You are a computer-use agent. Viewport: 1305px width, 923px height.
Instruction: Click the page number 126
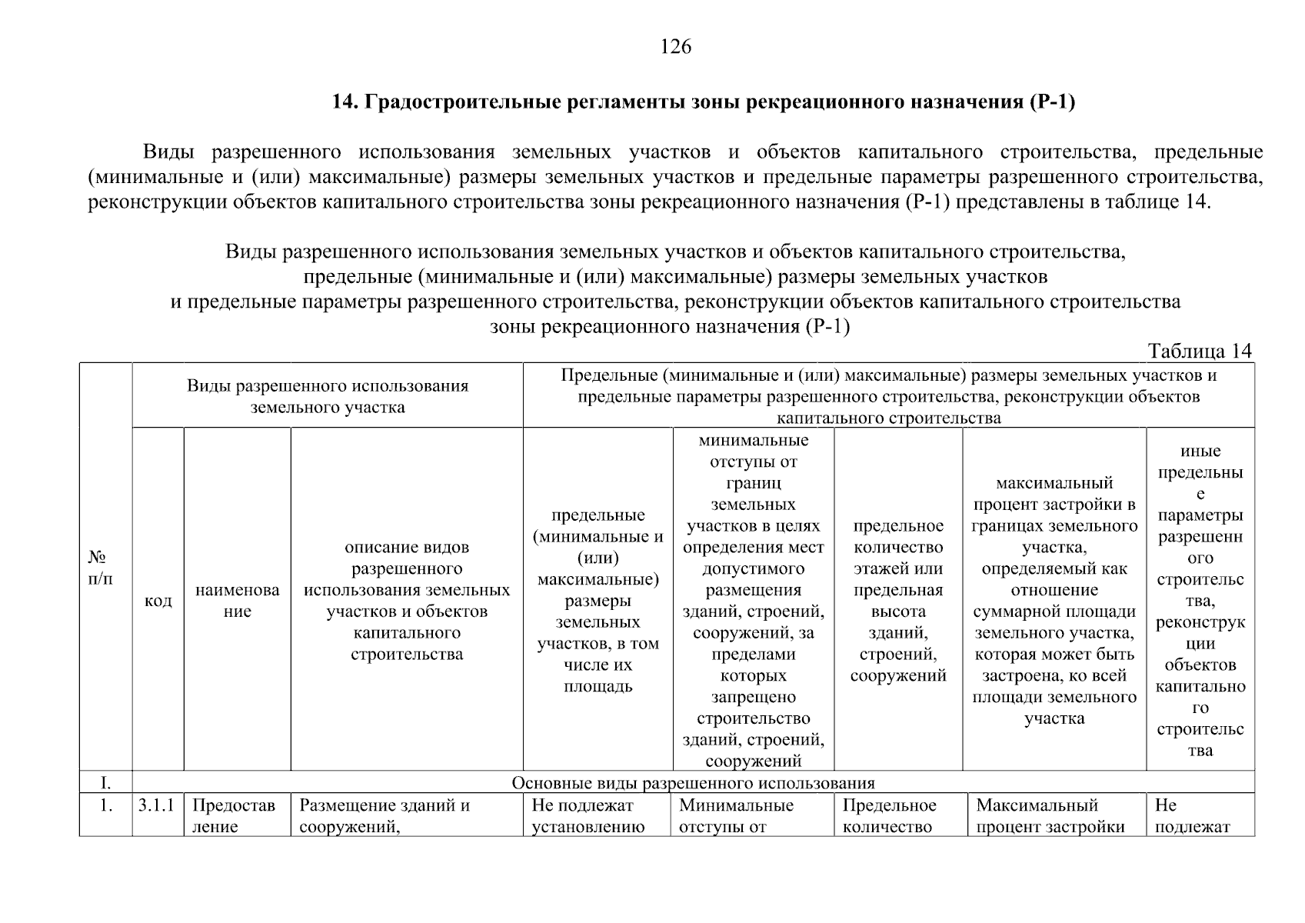(x=676, y=47)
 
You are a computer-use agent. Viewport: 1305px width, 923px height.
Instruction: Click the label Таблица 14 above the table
(x=1199, y=351)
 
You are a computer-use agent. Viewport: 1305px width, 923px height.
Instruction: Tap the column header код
(x=158, y=600)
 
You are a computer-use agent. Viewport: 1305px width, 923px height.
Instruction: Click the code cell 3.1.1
(x=156, y=805)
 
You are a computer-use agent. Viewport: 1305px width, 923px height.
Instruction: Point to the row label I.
(x=105, y=783)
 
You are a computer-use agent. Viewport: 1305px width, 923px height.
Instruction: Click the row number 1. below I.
(x=105, y=805)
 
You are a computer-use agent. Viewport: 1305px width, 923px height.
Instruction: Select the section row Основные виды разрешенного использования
(x=693, y=783)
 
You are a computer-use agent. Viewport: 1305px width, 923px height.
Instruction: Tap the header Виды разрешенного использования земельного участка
(x=328, y=396)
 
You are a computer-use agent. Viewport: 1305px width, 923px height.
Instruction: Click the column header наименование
(x=237, y=600)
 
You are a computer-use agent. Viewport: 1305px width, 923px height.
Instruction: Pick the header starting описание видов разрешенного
(x=407, y=600)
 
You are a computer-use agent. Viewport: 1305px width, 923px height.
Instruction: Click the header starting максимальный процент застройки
(x=1054, y=600)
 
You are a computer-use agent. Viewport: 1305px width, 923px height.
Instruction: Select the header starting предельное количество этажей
(x=897, y=600)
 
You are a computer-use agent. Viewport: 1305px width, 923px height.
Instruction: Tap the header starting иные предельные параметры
(x=1200, y=600)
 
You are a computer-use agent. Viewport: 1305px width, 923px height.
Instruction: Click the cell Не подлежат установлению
(x=588, y=816)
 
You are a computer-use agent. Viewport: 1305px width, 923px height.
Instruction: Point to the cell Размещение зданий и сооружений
(x=384, y=816)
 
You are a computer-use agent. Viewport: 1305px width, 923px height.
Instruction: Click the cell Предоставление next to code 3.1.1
(x=232, y=816)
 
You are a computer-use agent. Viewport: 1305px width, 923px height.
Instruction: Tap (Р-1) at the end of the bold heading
(x=1050, y=102)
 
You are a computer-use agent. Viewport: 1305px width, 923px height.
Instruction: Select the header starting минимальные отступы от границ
(x=753, y=600)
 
